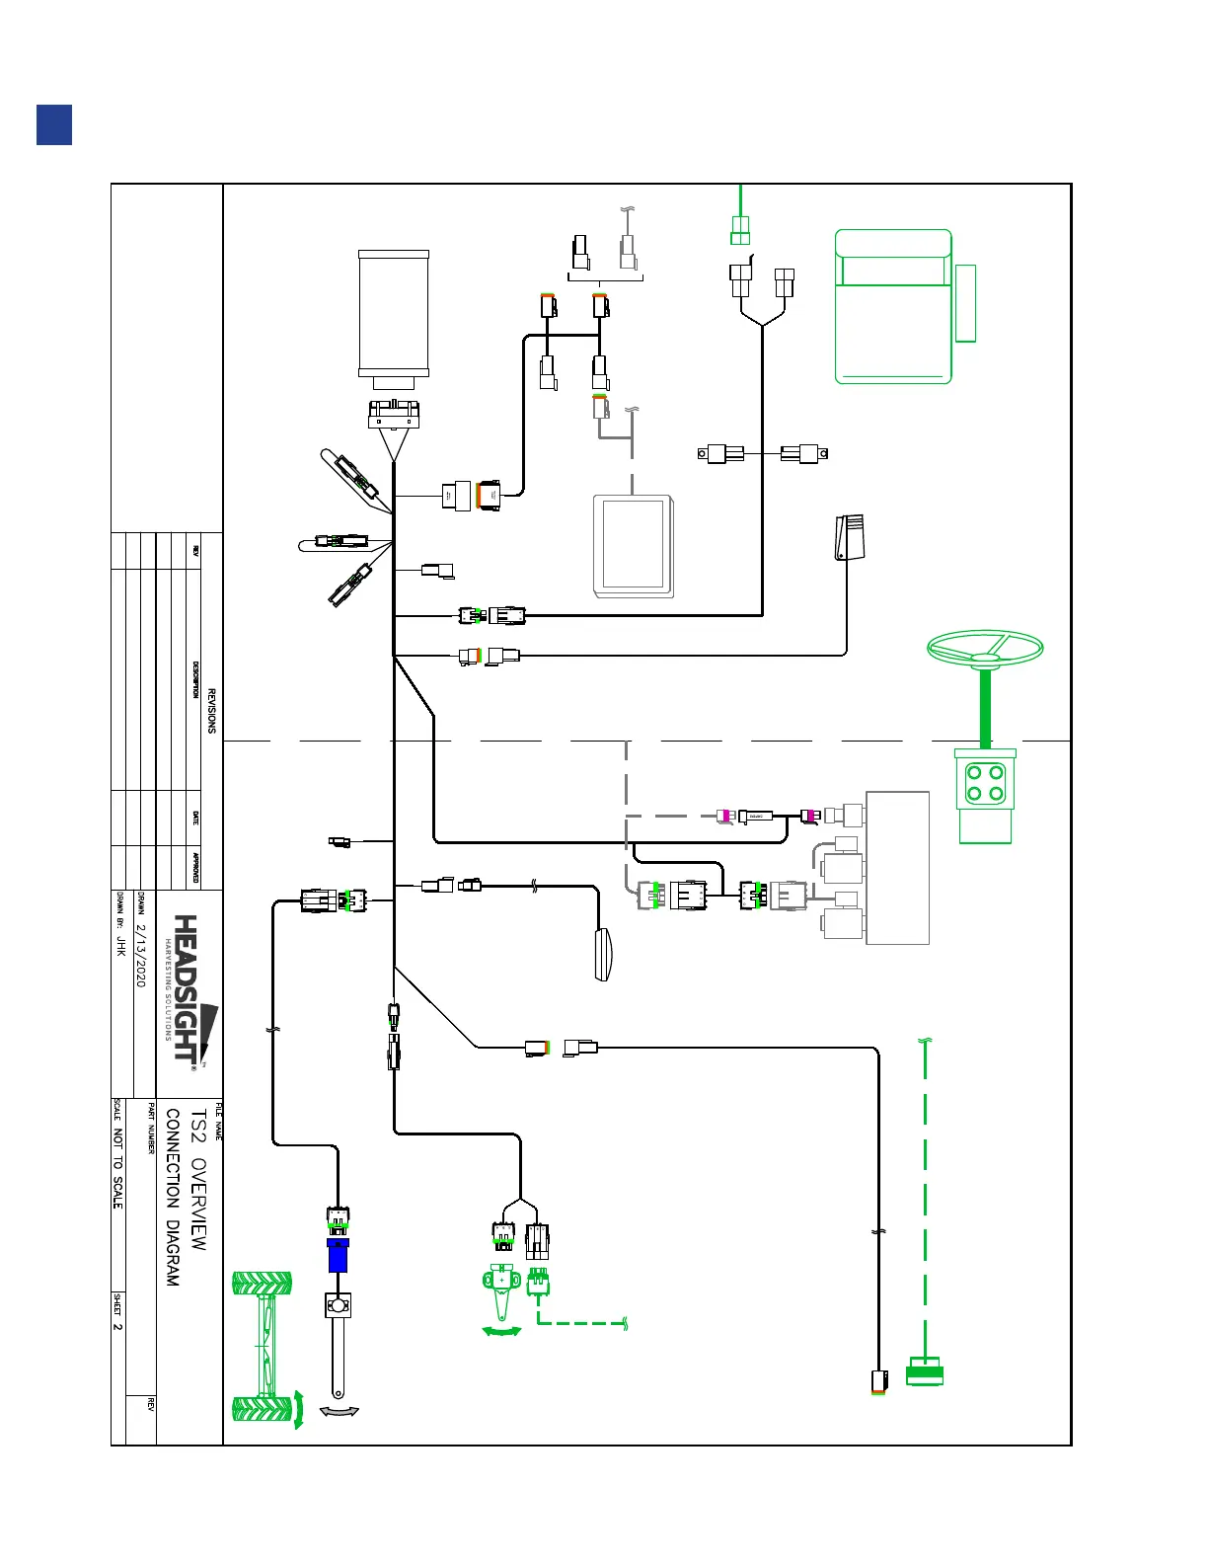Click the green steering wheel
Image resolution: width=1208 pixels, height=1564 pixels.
coord(985,650)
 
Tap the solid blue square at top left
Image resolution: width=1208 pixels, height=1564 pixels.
coord(54,125)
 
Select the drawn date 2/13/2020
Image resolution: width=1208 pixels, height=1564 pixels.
coord(140,955)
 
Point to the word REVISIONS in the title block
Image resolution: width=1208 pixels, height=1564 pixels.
coord(211,711)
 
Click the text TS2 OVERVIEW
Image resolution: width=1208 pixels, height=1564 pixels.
coord(198,1180)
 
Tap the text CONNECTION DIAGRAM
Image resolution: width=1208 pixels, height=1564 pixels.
coord(173,1197)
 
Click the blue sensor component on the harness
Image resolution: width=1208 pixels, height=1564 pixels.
coord(338,1255)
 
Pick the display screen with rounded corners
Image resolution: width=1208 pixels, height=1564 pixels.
coord(634,546)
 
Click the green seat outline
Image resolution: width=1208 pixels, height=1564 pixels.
coord(893,307)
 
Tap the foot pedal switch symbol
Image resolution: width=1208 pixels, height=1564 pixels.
coord(849,536)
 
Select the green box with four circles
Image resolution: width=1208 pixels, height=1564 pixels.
coord(985,784)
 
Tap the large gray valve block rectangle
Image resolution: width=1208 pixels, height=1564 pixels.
coord(897,868)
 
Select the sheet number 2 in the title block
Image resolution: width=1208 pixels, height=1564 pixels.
coord(117,1326)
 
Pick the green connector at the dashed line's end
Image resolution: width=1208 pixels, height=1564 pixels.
coord(925,1372)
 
